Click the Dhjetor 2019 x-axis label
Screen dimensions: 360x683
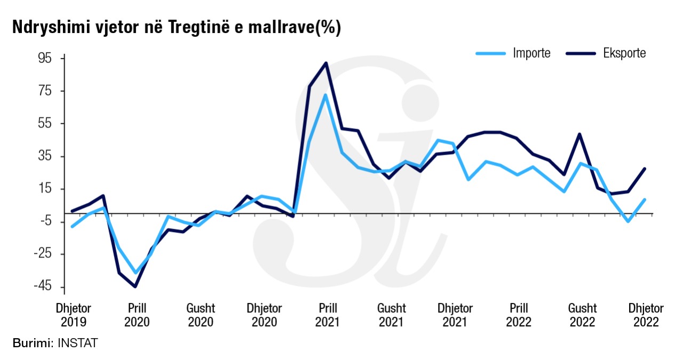pos(74,315)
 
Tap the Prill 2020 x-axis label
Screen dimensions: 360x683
pos(137,315)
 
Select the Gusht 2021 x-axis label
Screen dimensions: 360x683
pos(391,315)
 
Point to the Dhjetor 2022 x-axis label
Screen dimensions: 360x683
pos(646,315)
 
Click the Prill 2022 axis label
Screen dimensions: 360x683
pos(519,315)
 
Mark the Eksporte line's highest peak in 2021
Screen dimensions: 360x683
pos(326,63)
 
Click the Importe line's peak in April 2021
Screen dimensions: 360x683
pos(324,95)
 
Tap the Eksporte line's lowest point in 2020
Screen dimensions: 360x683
pos(135,286)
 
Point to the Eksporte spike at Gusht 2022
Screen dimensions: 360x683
pos(579,134)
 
